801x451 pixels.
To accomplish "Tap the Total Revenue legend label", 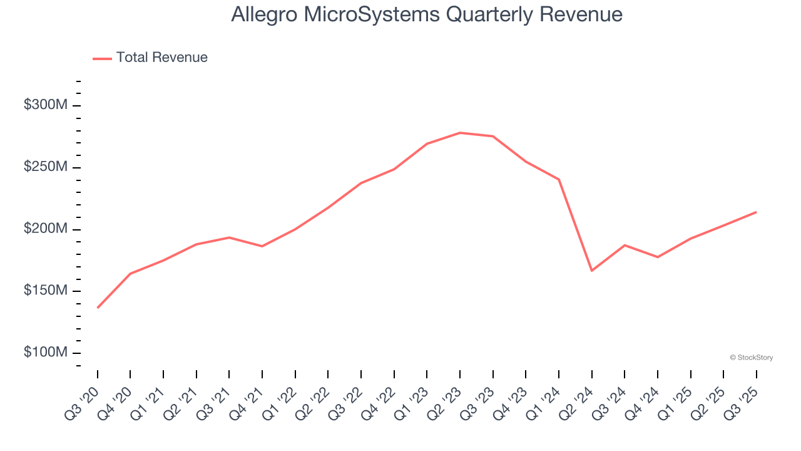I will click(x=161, y=58).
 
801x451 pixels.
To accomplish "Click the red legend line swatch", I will click(x=102, y=58).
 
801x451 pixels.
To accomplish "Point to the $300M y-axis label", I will click(x=45, y=105).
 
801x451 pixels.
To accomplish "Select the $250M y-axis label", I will click(x=45, y=167).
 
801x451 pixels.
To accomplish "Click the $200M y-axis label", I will click(x=45, y=229).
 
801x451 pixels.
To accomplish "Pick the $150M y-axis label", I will click(x=45, y=291).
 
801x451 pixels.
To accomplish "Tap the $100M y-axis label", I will click(x=45, y=353).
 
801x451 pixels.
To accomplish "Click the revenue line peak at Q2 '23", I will click(x=460, y=133).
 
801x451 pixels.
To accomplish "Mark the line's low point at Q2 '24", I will click(x=591, y=271).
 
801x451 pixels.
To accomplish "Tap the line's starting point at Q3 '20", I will click(x=98, y=308).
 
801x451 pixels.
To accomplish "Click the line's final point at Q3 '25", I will click(x=756, y=212).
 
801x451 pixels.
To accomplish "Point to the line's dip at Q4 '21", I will click(x=262, y=246).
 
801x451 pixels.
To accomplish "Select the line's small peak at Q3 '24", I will click(x=625, y=245).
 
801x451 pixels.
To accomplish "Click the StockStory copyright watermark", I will click(x=751, y=358).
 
